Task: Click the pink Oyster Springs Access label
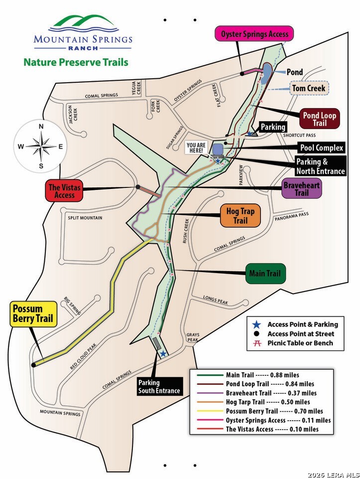coord(254,33)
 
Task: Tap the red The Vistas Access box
coord(64,191)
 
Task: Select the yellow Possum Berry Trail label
coord(33,314)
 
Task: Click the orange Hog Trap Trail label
coord(240,216)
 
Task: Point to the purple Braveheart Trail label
coord(301,188)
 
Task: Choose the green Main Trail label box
coord(265,273)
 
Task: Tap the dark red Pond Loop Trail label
coord(320,119)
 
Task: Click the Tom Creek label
coord(309,88)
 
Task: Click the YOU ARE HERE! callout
coord(196,148)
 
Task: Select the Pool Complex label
coord(322,148)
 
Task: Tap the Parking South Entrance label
coord(159,386)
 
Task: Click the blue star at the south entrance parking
coord(163,354)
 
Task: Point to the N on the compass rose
coord(41,127)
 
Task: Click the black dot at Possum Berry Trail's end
coord(33,365)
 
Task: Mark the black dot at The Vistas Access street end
coord(137,186)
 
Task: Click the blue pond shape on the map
coord(266,73)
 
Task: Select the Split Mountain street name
coord(85,218)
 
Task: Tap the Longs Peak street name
coord(216,300)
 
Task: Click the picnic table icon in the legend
coord(258,343)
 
